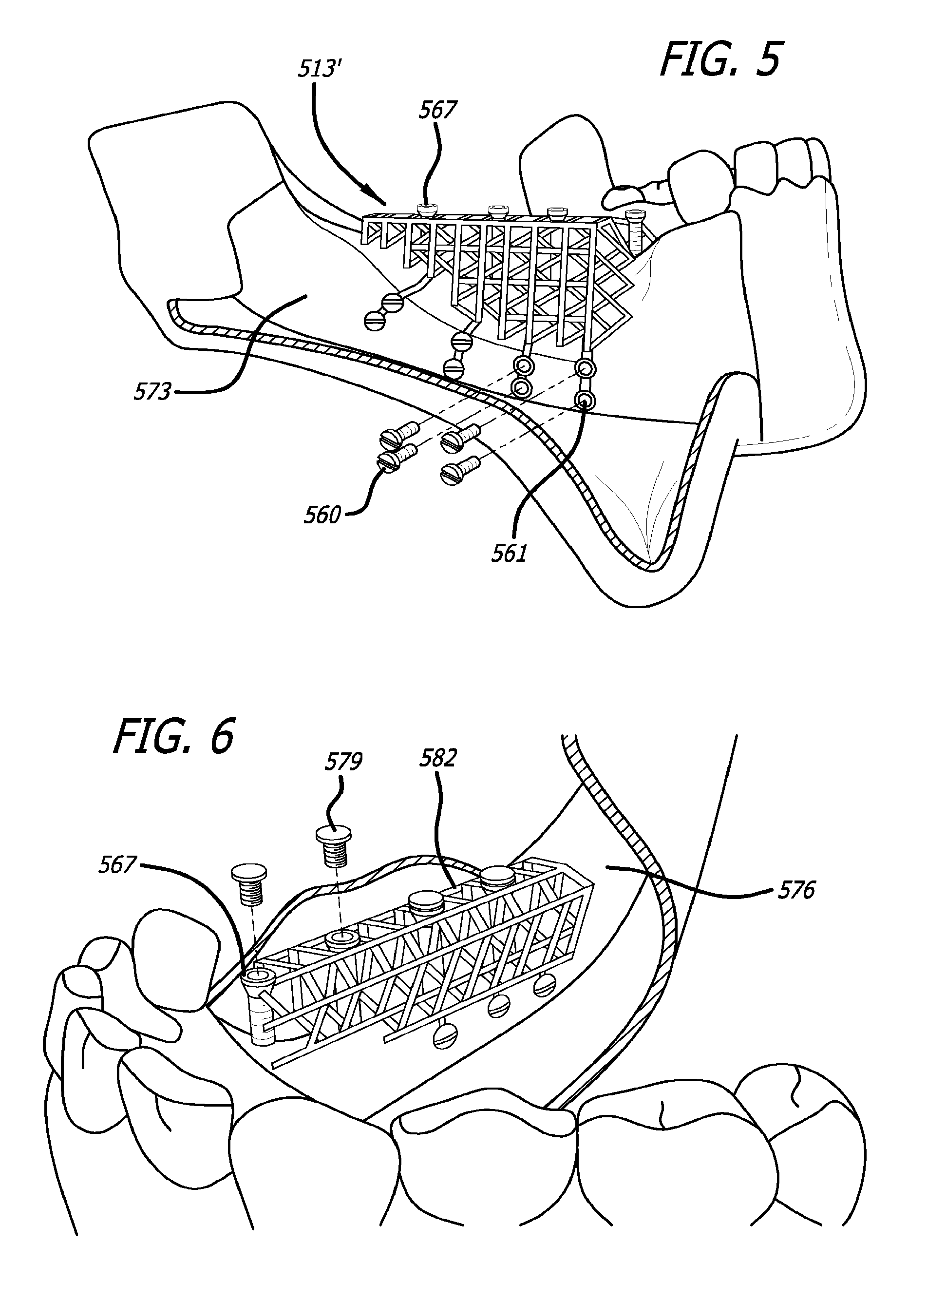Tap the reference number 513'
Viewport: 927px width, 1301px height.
tap(318, 70)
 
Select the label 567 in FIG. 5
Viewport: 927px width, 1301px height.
tap(438, 110)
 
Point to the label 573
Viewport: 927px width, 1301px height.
tap(152, 392)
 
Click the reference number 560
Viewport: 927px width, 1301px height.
tap(322, 516)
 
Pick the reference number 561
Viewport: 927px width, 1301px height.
tap(509, 553)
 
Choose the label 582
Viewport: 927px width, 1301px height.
tap(438, 759)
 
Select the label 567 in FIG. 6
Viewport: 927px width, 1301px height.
tap(117, 865)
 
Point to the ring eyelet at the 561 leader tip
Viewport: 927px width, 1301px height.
tap(584, 400)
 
